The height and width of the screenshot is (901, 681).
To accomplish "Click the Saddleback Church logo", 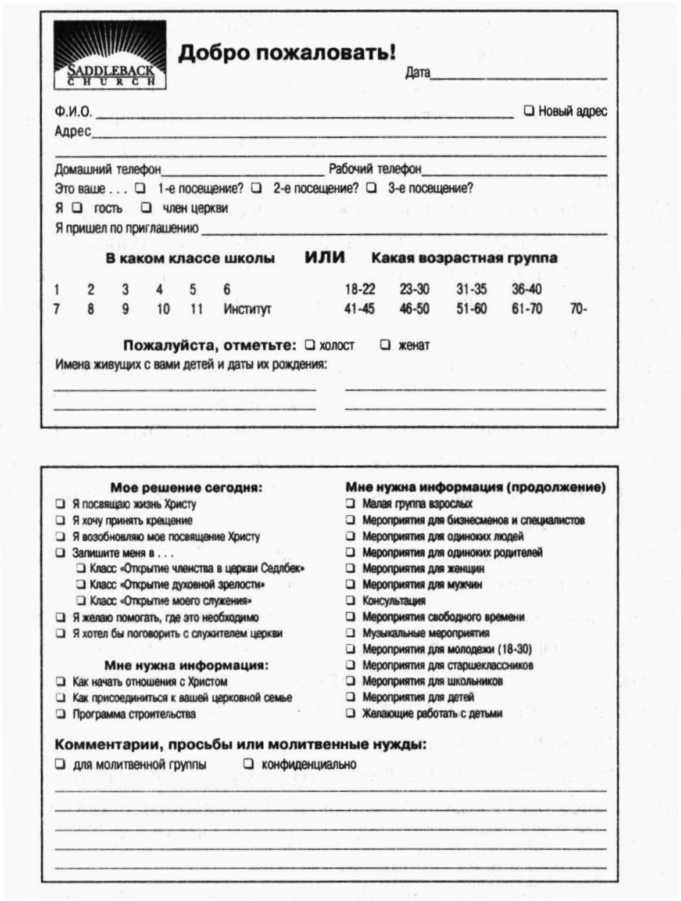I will pyautogui.click(x=110, y=55).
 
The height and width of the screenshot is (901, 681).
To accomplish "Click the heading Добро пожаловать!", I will pyautogui.click(x=287, y=52).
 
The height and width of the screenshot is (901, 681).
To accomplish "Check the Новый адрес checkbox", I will pyautogui.click(x=529, y=110).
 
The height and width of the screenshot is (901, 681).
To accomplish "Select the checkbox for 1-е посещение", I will pyautogui.click(x=140, y=188).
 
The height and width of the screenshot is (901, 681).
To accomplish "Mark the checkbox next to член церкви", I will pyautogui.click(x=146, y=207).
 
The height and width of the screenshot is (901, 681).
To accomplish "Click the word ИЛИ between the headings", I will pyautogui.click(x=325, y=257).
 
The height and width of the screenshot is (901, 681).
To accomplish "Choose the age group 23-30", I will pyautogui.click(x=414, y=289).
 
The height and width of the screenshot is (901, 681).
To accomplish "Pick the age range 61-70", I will pyautogui.click(x=526, y=308).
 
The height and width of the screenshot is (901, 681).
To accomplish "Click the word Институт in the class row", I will pyautogui.click(x=247, y=309).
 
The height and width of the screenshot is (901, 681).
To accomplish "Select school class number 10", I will pyautogui.click(x=163, y=309).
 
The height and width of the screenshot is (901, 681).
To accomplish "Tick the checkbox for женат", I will pyautogui.click(x=385, y=345).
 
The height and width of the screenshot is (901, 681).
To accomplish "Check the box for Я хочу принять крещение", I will pyautogui.click(x=60, y=520).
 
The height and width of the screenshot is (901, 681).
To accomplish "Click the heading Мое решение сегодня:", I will pyautogui.click(x=186, y=488).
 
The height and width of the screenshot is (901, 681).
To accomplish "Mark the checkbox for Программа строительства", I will pyautogui.click(x=60, y=713).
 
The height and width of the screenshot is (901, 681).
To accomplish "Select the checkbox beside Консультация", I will pyautogui.click(x=350, y=600).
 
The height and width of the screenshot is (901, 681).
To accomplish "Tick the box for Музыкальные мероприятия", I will pyautogui.click(x=350, y=633).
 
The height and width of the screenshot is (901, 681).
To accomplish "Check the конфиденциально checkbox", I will pyautogui.click(x=249, y=764).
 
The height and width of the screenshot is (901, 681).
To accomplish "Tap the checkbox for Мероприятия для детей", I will pyautogui.click(x=350, y=697).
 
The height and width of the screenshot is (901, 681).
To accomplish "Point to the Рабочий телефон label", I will pyautogui.click(x=375, y=169).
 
